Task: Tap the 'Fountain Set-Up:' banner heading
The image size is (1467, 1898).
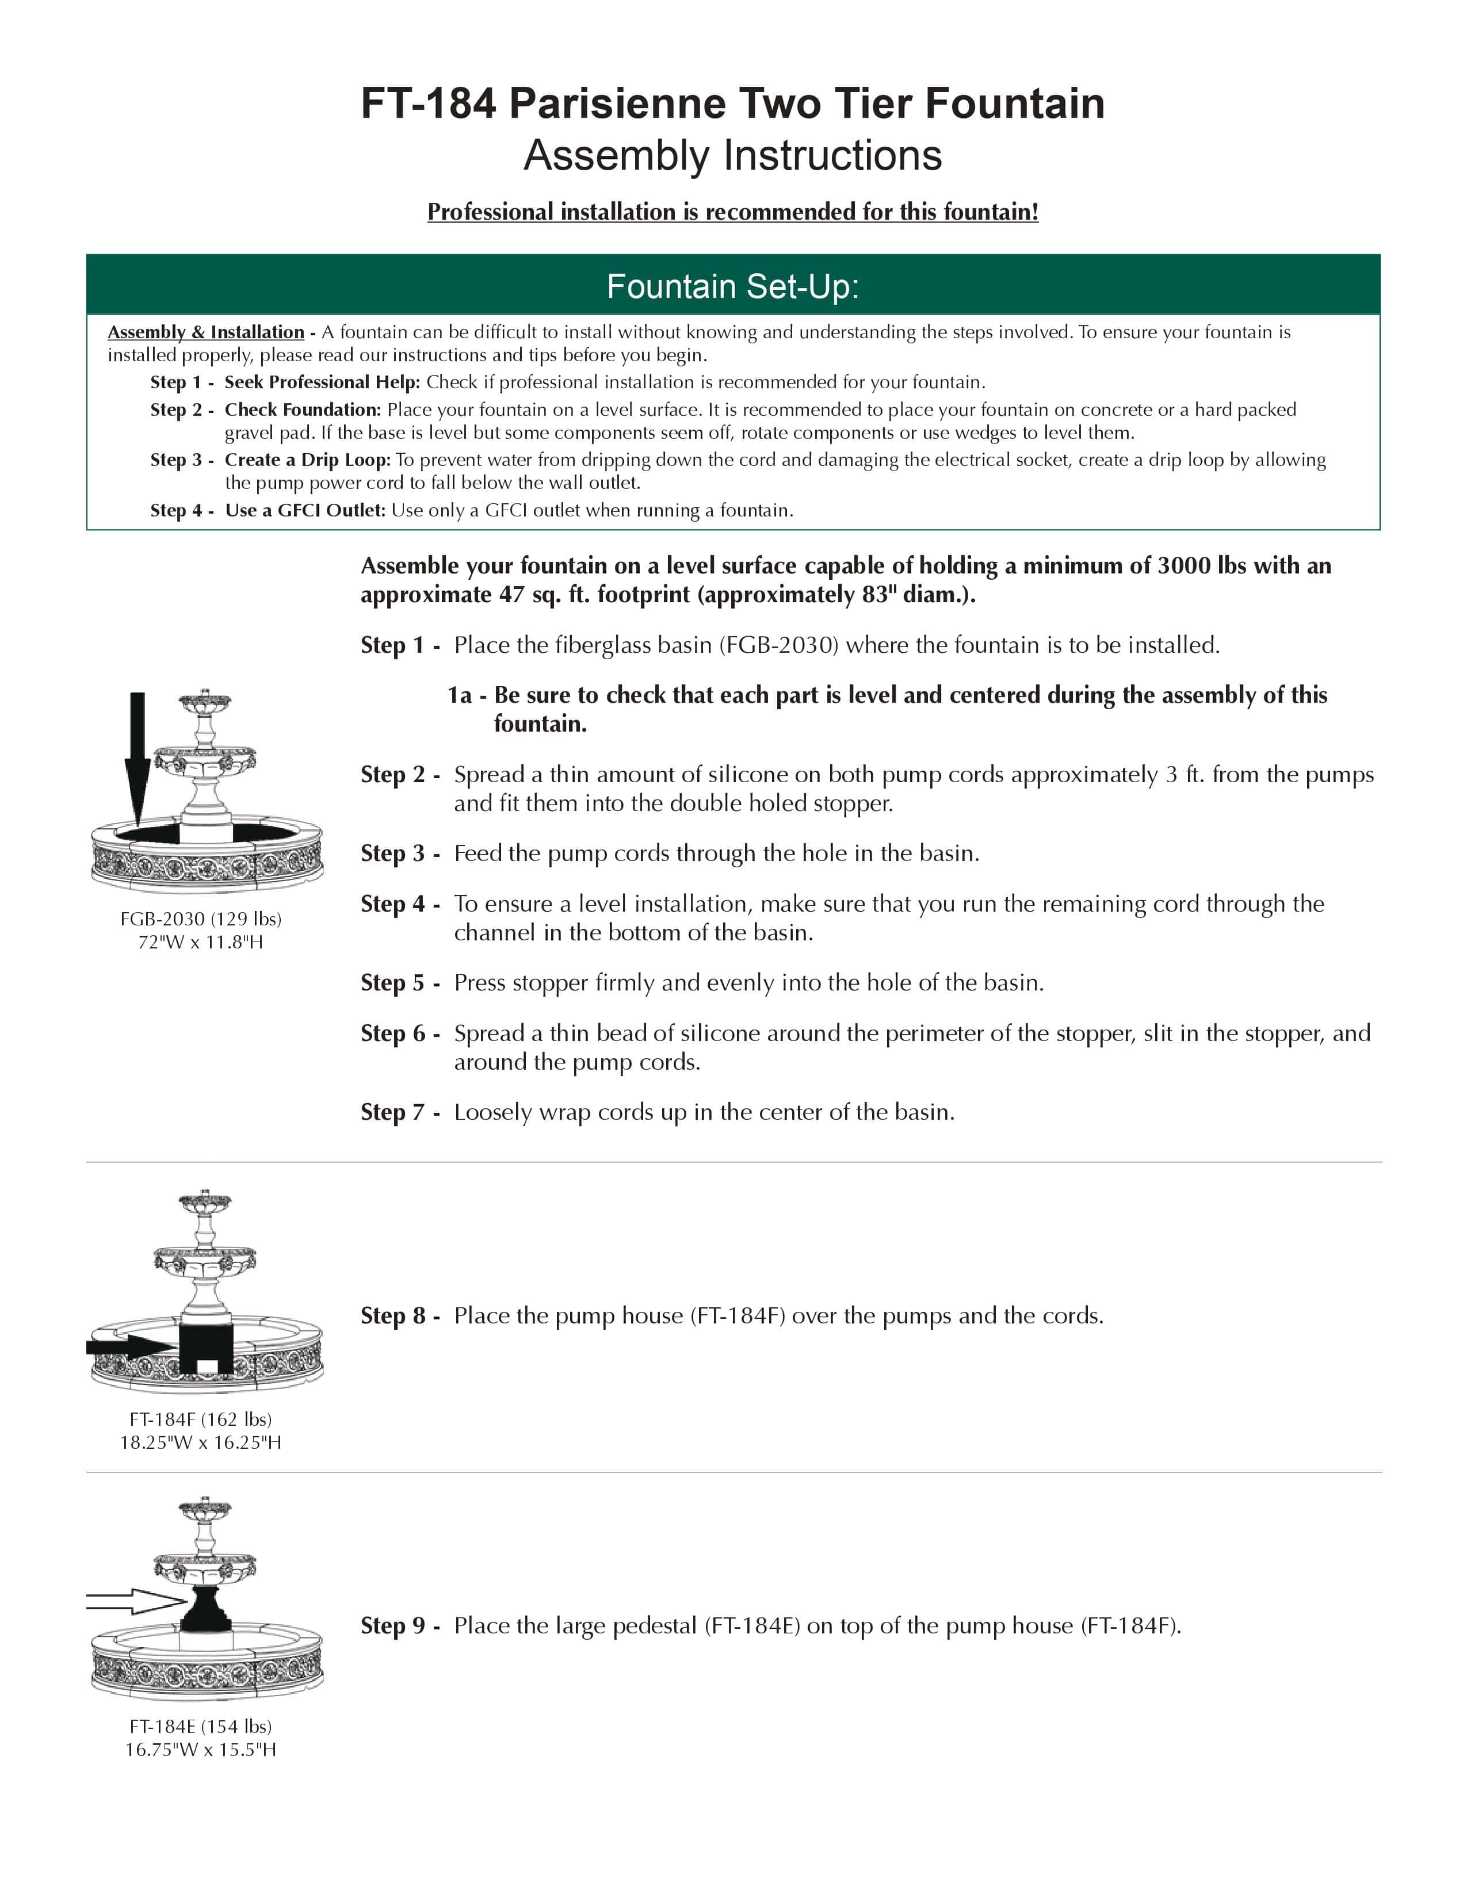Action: (x=732, y=286)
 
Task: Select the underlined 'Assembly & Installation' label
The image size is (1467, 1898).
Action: (x=206, y=332)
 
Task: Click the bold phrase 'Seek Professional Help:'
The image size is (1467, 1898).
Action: (x=322, y=382)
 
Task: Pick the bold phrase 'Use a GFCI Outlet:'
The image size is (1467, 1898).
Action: (x=305, y=510)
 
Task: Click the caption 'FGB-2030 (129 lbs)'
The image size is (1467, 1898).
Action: (x=201, y=919)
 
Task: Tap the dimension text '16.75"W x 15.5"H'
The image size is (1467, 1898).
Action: (x=201, y=1750)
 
